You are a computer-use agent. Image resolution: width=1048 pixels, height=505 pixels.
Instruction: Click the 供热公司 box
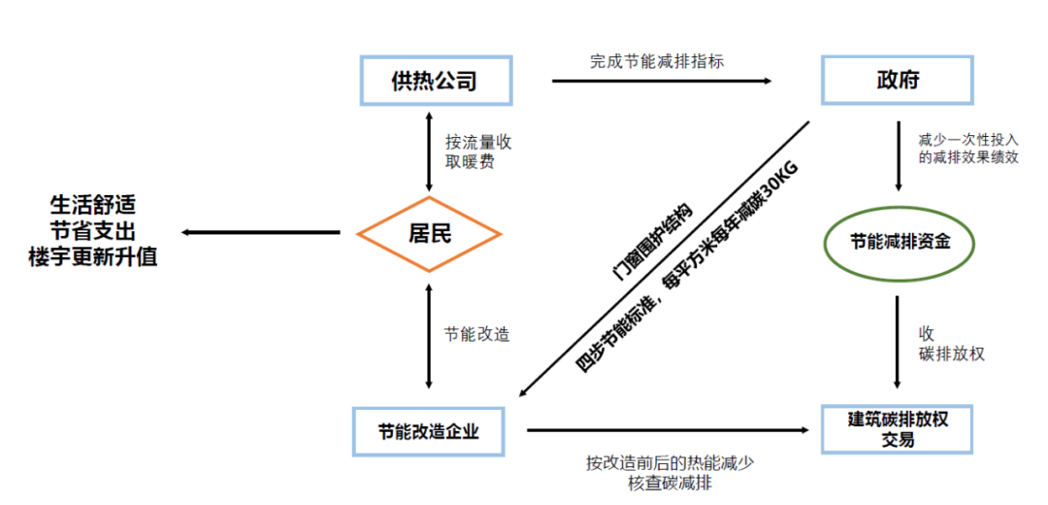coord(435,80)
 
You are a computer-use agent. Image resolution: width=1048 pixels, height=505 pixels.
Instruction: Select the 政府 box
coord(896,80)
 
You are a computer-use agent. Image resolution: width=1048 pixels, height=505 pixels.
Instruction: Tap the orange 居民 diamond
coord(429,233)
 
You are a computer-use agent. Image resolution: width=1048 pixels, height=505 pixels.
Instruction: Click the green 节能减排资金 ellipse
coord(898,242)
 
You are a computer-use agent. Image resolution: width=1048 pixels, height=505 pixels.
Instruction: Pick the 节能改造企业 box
coord(429,429)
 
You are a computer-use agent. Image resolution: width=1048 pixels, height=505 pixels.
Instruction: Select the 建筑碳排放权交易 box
coord(897,429)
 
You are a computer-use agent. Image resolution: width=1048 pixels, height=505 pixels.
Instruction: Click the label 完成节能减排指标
coord(657,60)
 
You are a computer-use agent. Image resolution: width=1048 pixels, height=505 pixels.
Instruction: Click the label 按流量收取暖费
coord(478,151)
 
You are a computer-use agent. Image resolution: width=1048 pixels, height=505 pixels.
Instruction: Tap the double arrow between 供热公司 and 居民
coord(429,151)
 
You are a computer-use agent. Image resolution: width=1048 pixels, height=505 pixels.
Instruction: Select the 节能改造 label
coord(477,333)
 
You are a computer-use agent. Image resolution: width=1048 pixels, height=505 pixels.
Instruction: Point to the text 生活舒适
coord(93,206)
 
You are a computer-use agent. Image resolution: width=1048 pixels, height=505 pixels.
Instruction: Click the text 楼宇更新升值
coord(93,257)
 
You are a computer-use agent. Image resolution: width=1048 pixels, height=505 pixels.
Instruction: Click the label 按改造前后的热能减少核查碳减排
coord(670,472)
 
